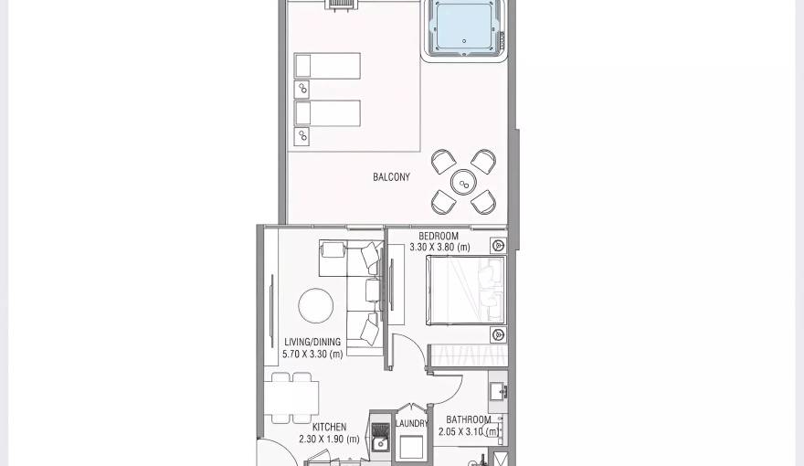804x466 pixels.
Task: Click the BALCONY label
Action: [391, 177]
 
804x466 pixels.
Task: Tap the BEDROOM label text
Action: [439, 237]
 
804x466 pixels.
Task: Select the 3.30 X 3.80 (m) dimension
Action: [439, 248]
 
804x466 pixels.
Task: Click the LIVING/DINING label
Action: [312, 343]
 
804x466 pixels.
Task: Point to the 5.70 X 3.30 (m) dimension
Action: [312, 355]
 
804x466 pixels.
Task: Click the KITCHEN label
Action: [329, 428]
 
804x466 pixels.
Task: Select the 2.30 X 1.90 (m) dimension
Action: [329, 440]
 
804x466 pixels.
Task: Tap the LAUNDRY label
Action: [412, 424]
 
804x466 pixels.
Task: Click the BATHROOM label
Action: [469, 420]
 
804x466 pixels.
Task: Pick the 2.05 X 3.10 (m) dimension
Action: [469, 432]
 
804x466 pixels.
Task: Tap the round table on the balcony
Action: [463, 182]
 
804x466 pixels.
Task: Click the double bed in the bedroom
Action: [465, 290]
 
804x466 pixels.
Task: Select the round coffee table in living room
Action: [315, 305]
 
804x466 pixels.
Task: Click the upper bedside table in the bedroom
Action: [498, 245]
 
